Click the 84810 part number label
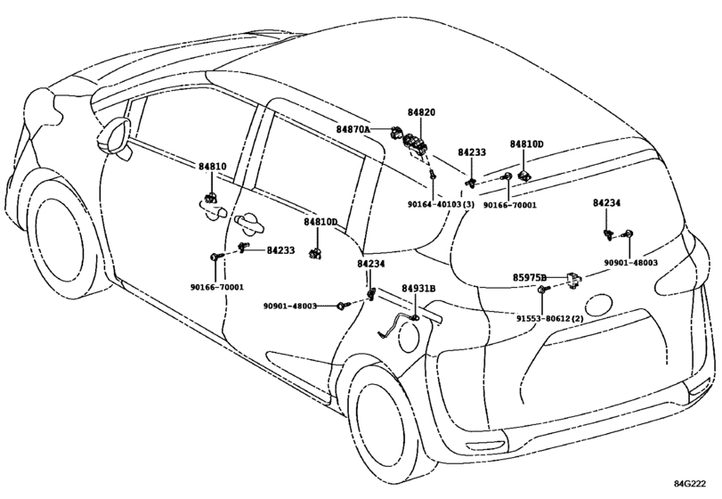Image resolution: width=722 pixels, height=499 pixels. pyautogui.click(x=212, y=167)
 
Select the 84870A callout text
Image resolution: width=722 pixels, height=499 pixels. pyautogui.click(x=353, y=129)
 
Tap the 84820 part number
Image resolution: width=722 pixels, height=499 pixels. pyautogui.click(x=421, y=112)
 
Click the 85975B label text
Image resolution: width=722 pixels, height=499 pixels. pyautogui.click(x=530, y=277)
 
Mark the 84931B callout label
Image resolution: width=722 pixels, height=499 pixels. pyautogui.click(x=418, y=289)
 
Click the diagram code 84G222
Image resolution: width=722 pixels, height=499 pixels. pyautogui.click(x=690, y=483)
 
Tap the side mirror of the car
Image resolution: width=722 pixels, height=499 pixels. pyautogui.click(x=114, y=136)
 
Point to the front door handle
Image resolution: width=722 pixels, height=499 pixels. pyautogui.click(x=215, y=212)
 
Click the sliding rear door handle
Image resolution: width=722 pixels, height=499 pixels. pyautogui.click(x=248, y=223)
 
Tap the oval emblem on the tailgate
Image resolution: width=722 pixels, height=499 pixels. pyautogui.click(x=598, y=301)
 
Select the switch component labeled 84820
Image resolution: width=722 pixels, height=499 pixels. pyautogui.click(x=416, y=143)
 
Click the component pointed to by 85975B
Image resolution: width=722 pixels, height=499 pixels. pyautogui.click(x=573, y=280)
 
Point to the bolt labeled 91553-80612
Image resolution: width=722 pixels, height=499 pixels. pyautogui.click(x=543, y=290)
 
